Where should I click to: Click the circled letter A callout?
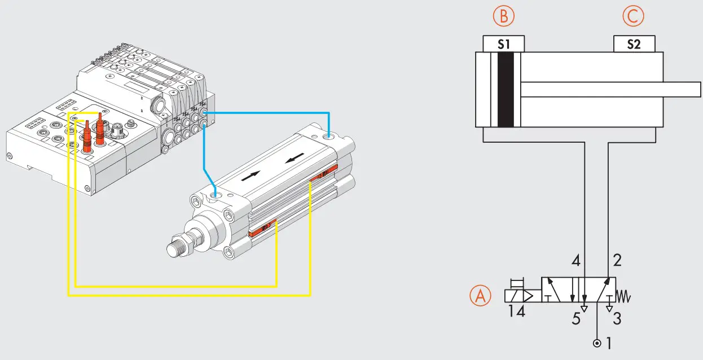(x=480, y=296)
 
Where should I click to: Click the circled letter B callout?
(x=503, y=17)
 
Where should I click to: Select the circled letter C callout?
(x=634, y=17)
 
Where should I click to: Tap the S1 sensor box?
(x=504, y=44)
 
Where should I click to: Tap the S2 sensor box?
(x=634, y=44)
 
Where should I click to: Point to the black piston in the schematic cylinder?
(x=505, y=90)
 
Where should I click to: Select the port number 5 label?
(x=575, y=319)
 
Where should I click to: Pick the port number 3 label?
(x=617, y=319)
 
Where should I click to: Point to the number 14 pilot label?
(x=516, y=311)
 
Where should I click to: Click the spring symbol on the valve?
(x=624, y=295)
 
